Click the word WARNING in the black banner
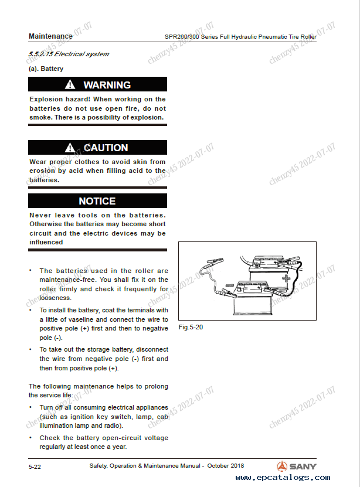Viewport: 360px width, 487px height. click(x=107, y=85)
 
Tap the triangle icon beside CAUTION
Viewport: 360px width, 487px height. click(x=70, y=148)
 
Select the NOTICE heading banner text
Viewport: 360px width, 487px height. click(x=97, y=201)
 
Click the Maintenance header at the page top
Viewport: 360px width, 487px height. click(x=50, y=36)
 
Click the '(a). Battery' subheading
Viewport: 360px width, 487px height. click(x=46, y=69)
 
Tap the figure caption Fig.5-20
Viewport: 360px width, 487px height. click(x=191, y=326)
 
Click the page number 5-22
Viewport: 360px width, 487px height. click(x=35, y=466)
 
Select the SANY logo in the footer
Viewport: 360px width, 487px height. click(x=297, y=466)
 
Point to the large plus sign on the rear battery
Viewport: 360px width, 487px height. click(x=286, y=277)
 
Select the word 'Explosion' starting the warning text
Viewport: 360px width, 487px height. click(x=46, y=100)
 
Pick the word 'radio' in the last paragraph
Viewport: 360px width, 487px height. click(x=111, y=425)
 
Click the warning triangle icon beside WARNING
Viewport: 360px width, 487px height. click(x=70, y=85)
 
